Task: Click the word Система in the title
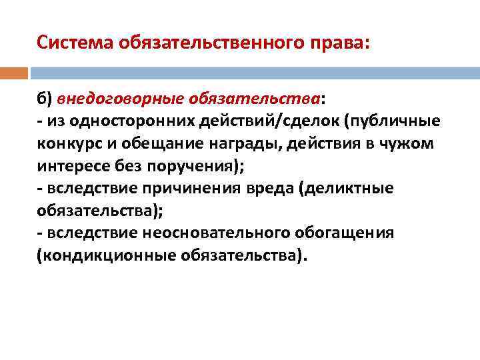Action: [74, 42]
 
